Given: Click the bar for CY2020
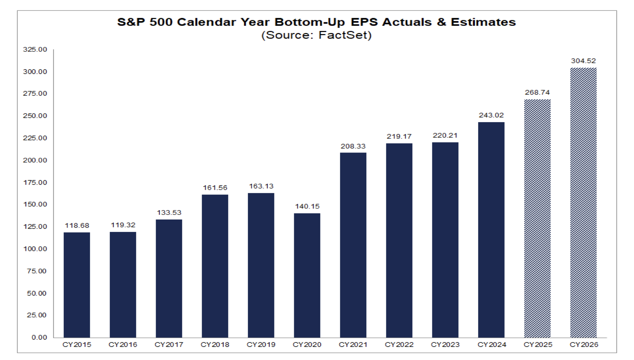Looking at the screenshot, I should coord(307,275).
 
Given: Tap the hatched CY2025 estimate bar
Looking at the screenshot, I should coord(537,218).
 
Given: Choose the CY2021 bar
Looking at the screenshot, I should coord(353,245).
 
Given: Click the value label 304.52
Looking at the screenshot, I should coord(583,61).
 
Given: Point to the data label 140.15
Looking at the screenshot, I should coord(307,207).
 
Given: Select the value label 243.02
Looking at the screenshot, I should coord(491,115).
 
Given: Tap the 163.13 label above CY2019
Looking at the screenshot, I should coord(261,186).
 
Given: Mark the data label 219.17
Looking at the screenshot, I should coord(399,137).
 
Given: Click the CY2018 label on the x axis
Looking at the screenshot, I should coord(215,345).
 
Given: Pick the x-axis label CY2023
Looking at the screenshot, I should coord(445,345).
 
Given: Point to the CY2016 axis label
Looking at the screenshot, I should coord(123,345).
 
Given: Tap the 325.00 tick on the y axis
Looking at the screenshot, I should coord(35,50).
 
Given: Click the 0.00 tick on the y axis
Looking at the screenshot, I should coord(39,337).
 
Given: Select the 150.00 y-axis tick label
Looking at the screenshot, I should coord(35,204).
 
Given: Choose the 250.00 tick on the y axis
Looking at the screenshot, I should coord(35,116).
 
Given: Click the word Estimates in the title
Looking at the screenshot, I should coord(483,22).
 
